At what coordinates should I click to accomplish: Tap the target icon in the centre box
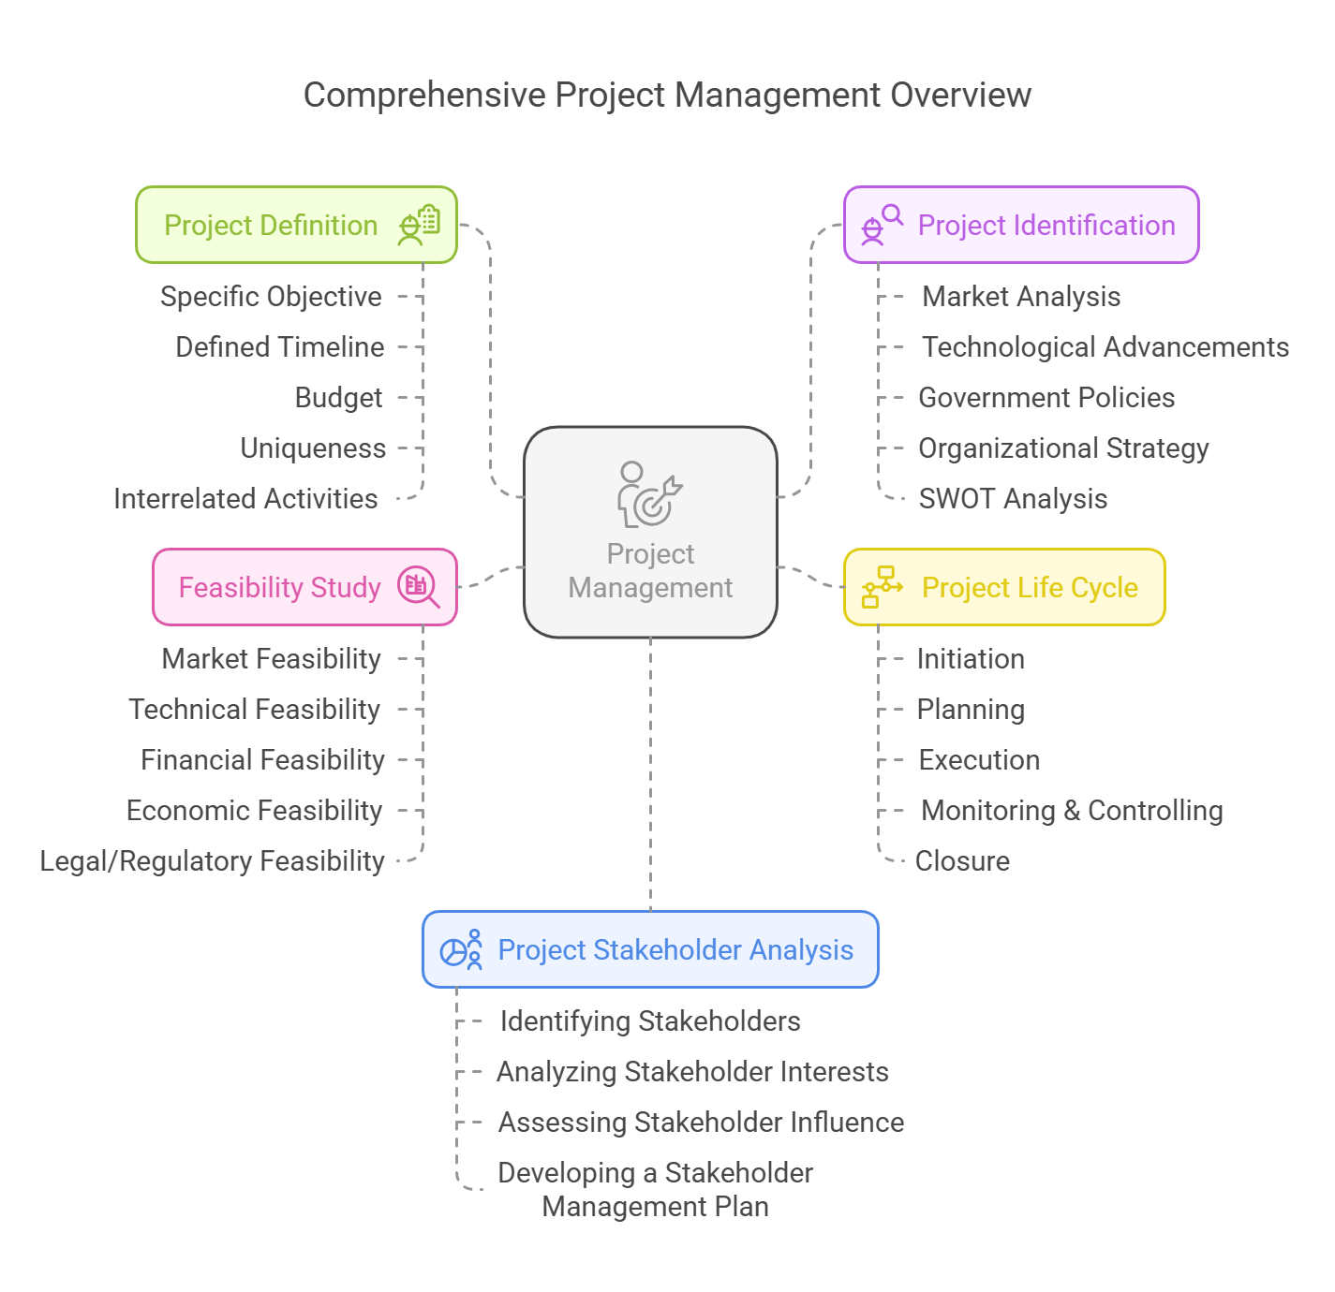click(x=650, y=494)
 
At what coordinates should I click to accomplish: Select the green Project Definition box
click(x=296, y=225)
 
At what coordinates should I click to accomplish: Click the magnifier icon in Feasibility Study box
click(x=418, y=587)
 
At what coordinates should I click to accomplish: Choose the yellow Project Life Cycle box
click(x=1004, y=587)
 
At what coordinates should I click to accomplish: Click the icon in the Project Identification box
click(x=882, y=225)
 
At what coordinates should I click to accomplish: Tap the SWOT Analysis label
click(x=1013, y=499)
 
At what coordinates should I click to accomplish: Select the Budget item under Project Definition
click(x=338, y=398)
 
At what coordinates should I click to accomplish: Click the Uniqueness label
click(x=313, y=448)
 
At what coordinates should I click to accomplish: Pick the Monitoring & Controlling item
click(x=1072, y=811)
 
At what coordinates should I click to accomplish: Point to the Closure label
click(x=962, y=861)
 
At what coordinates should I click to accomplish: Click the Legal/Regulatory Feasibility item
click(x=212, y=861)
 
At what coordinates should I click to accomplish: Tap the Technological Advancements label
click(x=1105, y=347)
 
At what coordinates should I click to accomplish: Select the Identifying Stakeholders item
click(x=650, y=1021)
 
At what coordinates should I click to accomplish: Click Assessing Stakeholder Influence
click(x=701, y=1123)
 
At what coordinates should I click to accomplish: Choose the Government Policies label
click(x=1046, y=398)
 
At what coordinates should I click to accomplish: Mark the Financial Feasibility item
click(x=262, y=760)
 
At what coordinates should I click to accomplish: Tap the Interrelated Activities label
click(x=245, y=499)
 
